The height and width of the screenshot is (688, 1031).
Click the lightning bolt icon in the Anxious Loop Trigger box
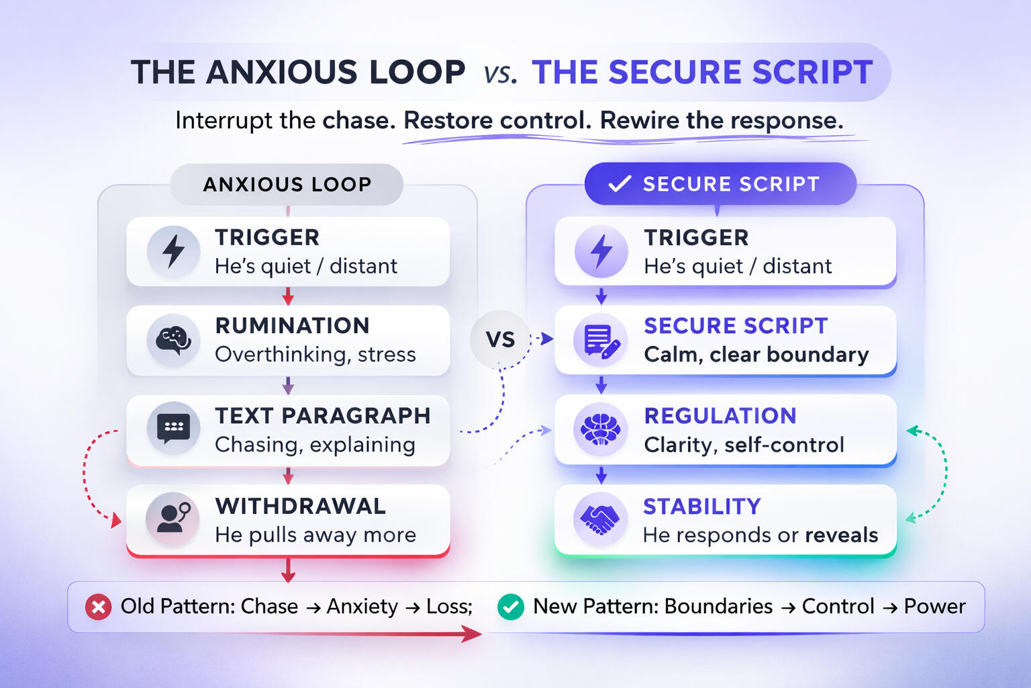click(174, 251)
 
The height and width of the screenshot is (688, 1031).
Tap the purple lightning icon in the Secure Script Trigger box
click(601, 251)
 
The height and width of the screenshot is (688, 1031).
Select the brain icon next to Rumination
click(173, 340)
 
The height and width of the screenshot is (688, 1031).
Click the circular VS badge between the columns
click(500, 339)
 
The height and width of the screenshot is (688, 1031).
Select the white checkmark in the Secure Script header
click(619, 183)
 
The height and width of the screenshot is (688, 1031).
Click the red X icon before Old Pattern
click(99, 607)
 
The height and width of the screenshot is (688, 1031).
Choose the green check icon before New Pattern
click(511, 607)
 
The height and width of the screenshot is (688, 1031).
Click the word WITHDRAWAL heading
click(300, 506)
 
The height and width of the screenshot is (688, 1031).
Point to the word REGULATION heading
click(720, 416)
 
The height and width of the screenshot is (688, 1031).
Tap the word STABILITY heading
click(702, 506)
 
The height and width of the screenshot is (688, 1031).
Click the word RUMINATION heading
click(292, 326)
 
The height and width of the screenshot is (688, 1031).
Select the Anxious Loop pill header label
click(287, 184)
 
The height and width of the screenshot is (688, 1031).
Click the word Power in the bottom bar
click(934, 606)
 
